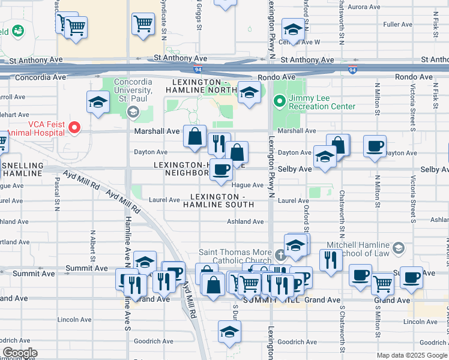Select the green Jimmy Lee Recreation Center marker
pyautogui.click(x=279, y=100)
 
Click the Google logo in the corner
pyautogui.click(x=20, y=353)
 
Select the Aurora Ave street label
pyautogui.click(x=364, y=7)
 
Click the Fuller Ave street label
pyautogui.click(x=397, y=25)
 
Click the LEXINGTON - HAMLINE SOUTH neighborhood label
pyautogui.click(x=223, y=201)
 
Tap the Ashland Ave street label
pyautogui.click(x=245, y=221)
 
